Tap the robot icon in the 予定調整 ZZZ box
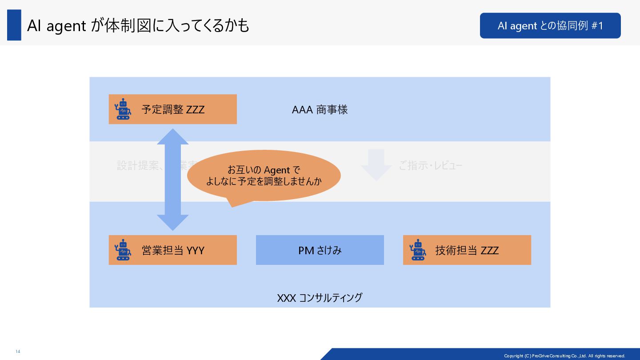point(123,109)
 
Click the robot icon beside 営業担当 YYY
point(123,250)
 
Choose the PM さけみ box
point(320,250)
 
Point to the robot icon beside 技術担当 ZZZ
point(417,250)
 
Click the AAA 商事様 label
point(320,109)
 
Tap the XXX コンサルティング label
point(320,297)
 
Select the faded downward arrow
point(376,165)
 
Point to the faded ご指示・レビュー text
point(430,166)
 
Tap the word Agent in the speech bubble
point(276,170)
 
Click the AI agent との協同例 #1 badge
point(550,26)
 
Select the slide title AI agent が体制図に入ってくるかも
point(138,26)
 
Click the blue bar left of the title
point(14,25)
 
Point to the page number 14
point(18,352)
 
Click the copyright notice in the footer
point(564,356)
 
